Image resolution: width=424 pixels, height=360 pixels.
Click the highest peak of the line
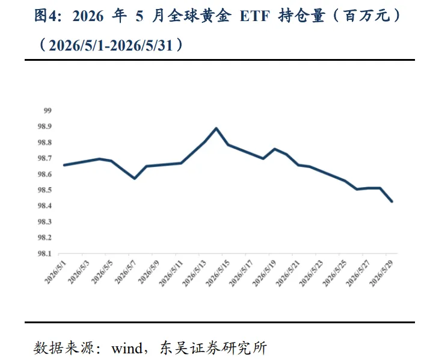[x=216, y=128]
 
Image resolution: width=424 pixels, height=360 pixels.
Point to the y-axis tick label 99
[x=48, y=111]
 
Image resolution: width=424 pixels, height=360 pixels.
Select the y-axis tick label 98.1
[x=45, y=253]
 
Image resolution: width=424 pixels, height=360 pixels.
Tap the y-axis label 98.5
[x=45, y=190]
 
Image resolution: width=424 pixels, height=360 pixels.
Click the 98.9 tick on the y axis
[x=45, y=126]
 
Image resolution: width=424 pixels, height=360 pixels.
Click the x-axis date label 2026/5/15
[x=218, y=273]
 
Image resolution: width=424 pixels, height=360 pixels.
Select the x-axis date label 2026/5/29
[x=381, y=273]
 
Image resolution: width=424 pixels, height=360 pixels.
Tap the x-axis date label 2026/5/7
[x=125, y=272]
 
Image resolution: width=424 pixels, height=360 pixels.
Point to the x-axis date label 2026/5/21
[x=287, y=273]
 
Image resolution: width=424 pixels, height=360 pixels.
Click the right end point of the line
[x=392, y=202]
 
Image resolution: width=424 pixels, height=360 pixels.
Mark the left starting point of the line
[x=64, y=165]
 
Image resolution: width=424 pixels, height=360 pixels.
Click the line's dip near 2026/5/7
[x=134, y=178]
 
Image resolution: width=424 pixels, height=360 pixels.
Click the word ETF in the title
[x=255, y=16]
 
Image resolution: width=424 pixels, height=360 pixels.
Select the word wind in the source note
[x=127, y=348]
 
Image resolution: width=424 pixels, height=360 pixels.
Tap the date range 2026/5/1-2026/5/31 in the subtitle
[x=111, y=45]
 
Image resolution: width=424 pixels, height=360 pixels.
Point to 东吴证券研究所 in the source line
[x=214, y=347]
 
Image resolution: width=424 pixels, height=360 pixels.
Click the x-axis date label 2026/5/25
[x=334, y=273]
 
